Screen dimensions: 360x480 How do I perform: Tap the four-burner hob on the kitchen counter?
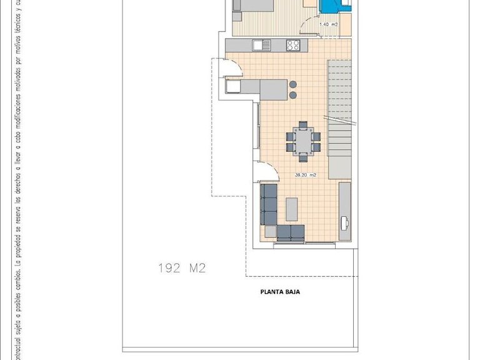(x=294, y=45)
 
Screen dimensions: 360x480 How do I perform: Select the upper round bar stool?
(x=293, y=83)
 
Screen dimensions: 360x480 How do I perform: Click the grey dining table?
(x=304, y=139)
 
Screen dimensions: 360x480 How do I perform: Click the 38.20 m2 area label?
(x=306, y=175)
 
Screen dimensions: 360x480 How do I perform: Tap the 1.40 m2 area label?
(x=328, y=25)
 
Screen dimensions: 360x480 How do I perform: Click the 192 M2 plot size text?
(x=182, y=269)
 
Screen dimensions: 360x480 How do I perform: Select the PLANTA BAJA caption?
(x=280, y=291)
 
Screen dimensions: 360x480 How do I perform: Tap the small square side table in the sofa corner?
(x=269, y=232)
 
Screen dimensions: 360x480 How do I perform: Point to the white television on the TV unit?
(x=345, y=221)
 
